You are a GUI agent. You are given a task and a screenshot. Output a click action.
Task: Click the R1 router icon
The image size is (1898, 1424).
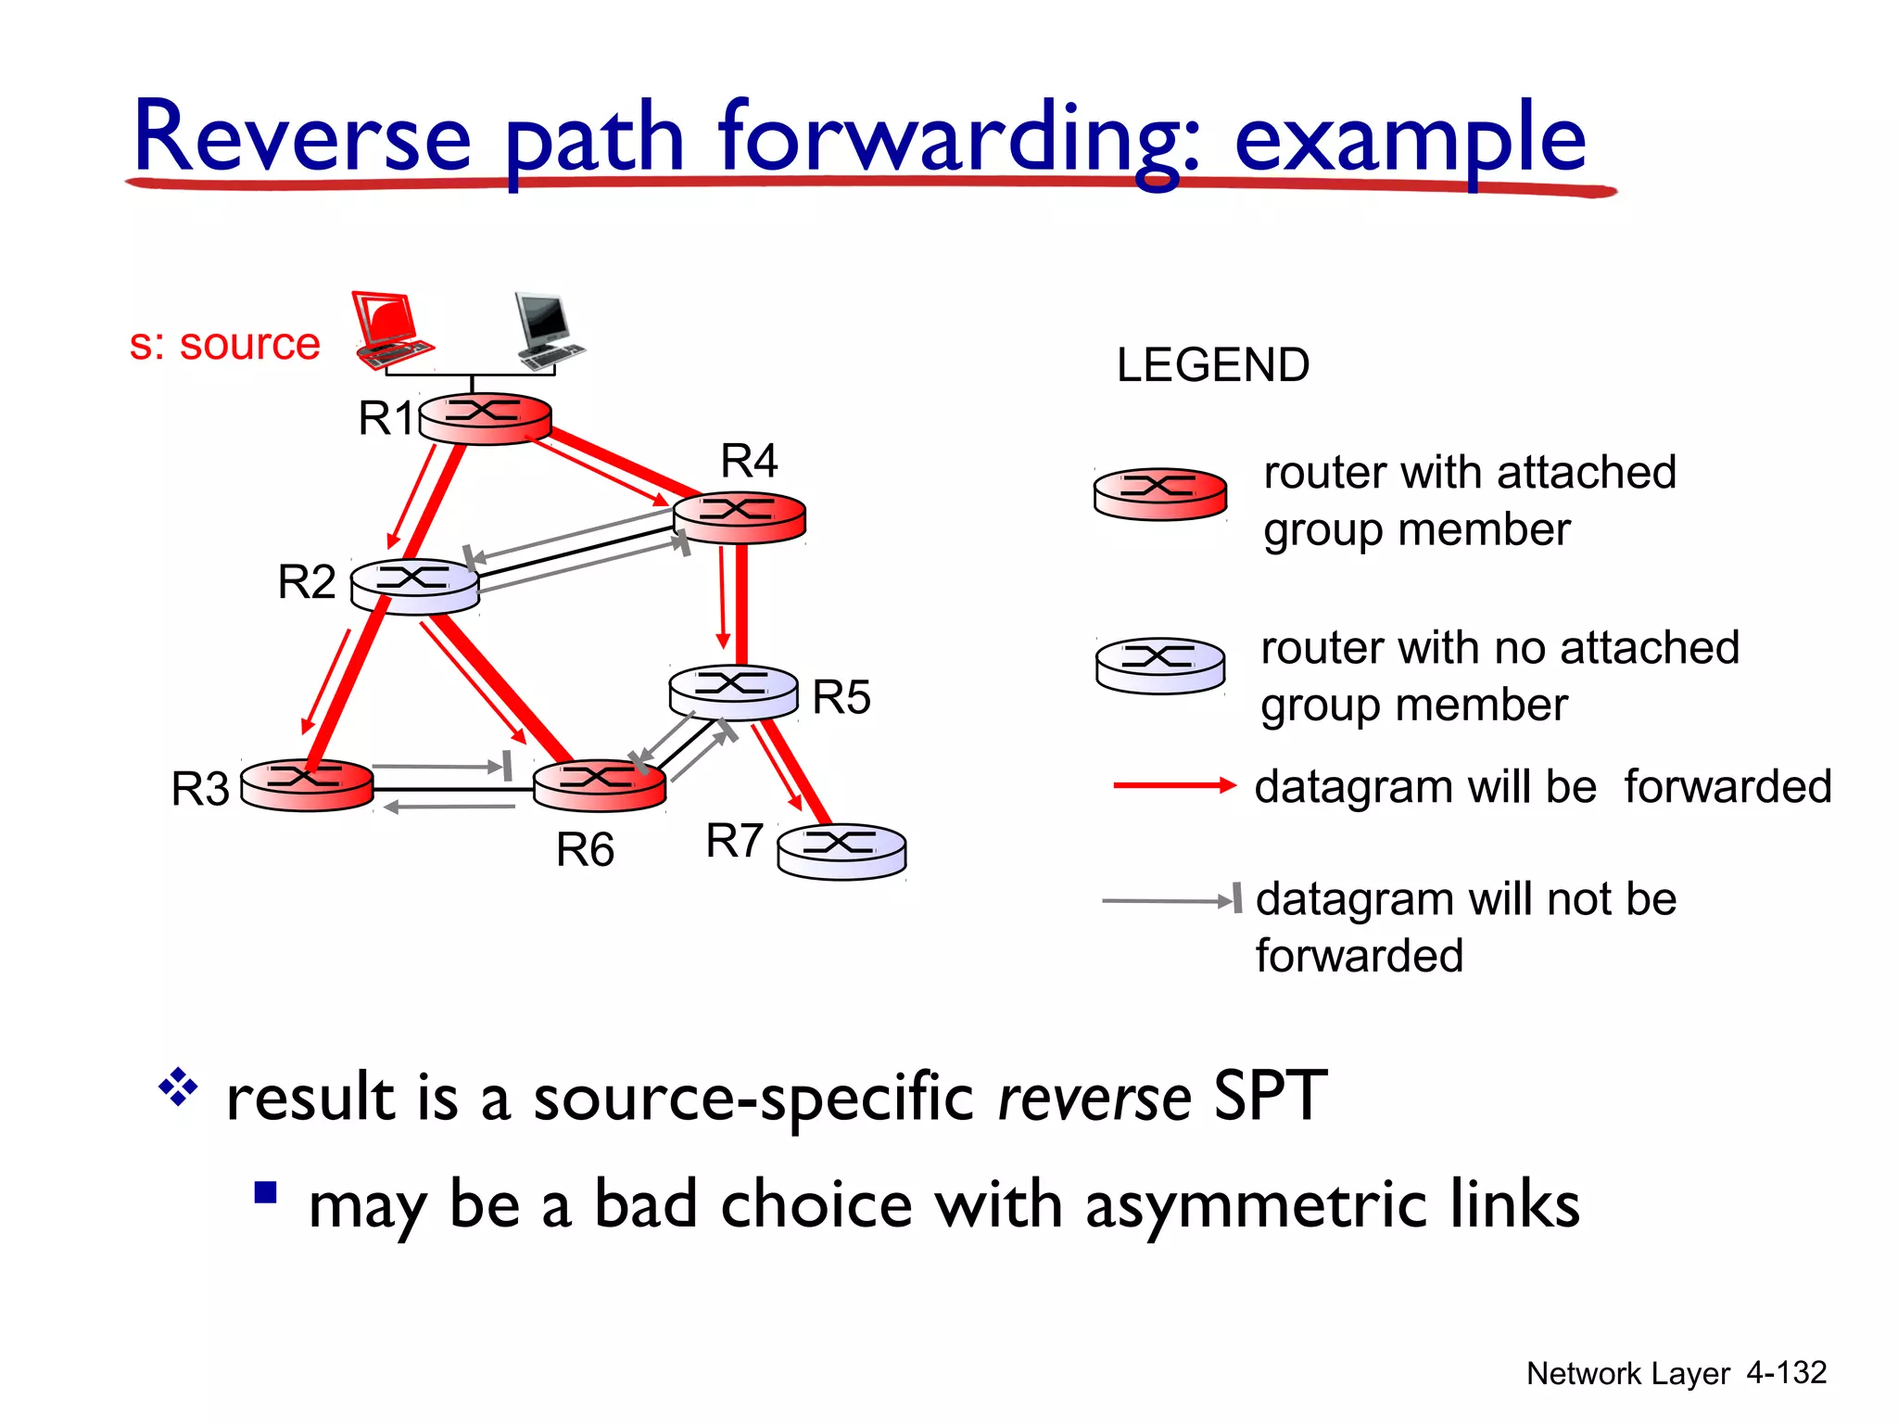(486, 418)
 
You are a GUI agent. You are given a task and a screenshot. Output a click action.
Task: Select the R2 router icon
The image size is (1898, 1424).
(414, 585)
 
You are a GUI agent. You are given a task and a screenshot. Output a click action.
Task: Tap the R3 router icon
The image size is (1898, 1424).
(307, 784)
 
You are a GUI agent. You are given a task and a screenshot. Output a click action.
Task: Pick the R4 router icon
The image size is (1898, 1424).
(739, 517)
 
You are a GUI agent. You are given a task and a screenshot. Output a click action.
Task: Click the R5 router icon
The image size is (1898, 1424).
(733, 692)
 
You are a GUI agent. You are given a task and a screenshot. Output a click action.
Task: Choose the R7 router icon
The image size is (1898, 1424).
(841, 851)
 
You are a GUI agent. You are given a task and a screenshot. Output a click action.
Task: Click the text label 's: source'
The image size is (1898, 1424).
(224, 345)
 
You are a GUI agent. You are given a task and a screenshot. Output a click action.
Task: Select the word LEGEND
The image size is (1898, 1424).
(1212, 365)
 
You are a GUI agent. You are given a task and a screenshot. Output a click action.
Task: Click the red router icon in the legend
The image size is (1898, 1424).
(1160, 493)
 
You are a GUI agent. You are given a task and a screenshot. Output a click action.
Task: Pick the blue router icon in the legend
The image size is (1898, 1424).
(1160, 665)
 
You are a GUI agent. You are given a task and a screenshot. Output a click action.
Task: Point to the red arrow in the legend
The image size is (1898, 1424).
(1174, 785)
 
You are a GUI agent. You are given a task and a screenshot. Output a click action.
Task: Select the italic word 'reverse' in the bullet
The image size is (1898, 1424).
(1094, 1099)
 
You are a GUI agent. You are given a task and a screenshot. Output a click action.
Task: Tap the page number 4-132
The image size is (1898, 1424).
(1786, 1372)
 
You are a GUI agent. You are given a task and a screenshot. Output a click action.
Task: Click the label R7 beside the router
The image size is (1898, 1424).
(734, 841)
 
